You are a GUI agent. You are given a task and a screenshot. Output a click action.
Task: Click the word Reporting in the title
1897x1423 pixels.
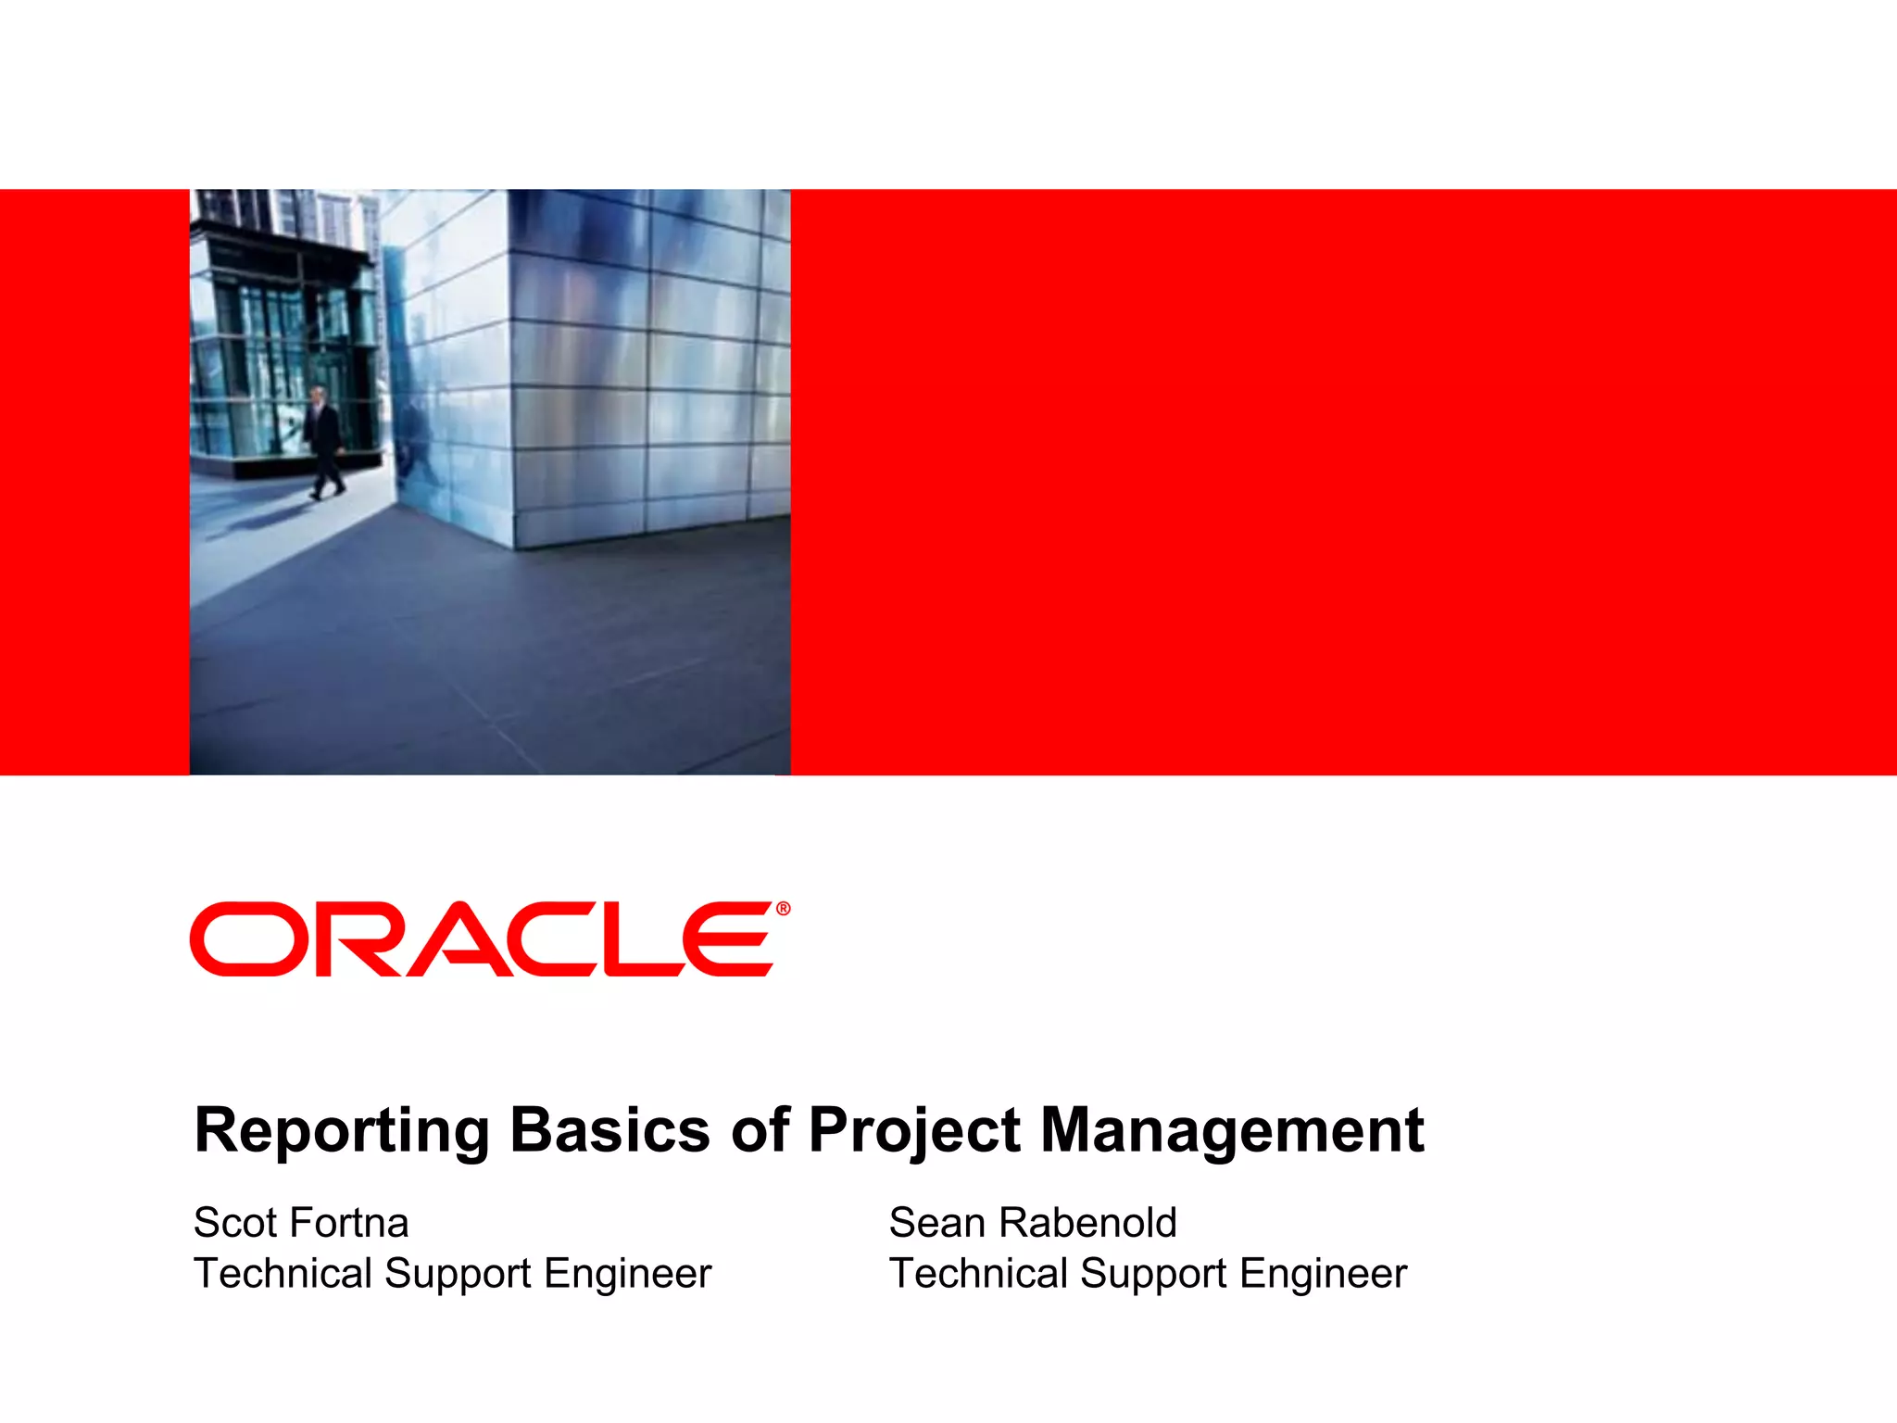click(x=341, y=1132)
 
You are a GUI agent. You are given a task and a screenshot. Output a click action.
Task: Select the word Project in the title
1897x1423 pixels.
click(x=914, y=1132)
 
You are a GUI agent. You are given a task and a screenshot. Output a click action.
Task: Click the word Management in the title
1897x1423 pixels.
click(x=1231, y=1132)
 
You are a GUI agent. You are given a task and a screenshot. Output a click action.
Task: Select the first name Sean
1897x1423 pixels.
click(x=936, y=1223)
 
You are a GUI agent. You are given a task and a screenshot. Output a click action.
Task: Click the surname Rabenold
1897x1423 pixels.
click(x=1087, y=1223)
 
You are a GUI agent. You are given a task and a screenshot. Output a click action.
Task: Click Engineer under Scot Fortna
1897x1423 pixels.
click(x=627, y=1274)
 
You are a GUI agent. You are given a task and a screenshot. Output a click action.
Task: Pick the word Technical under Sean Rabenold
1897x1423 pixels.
click(x=977, y=1274)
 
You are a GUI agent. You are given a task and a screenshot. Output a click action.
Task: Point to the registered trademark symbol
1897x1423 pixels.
click(x=784, y=909)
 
